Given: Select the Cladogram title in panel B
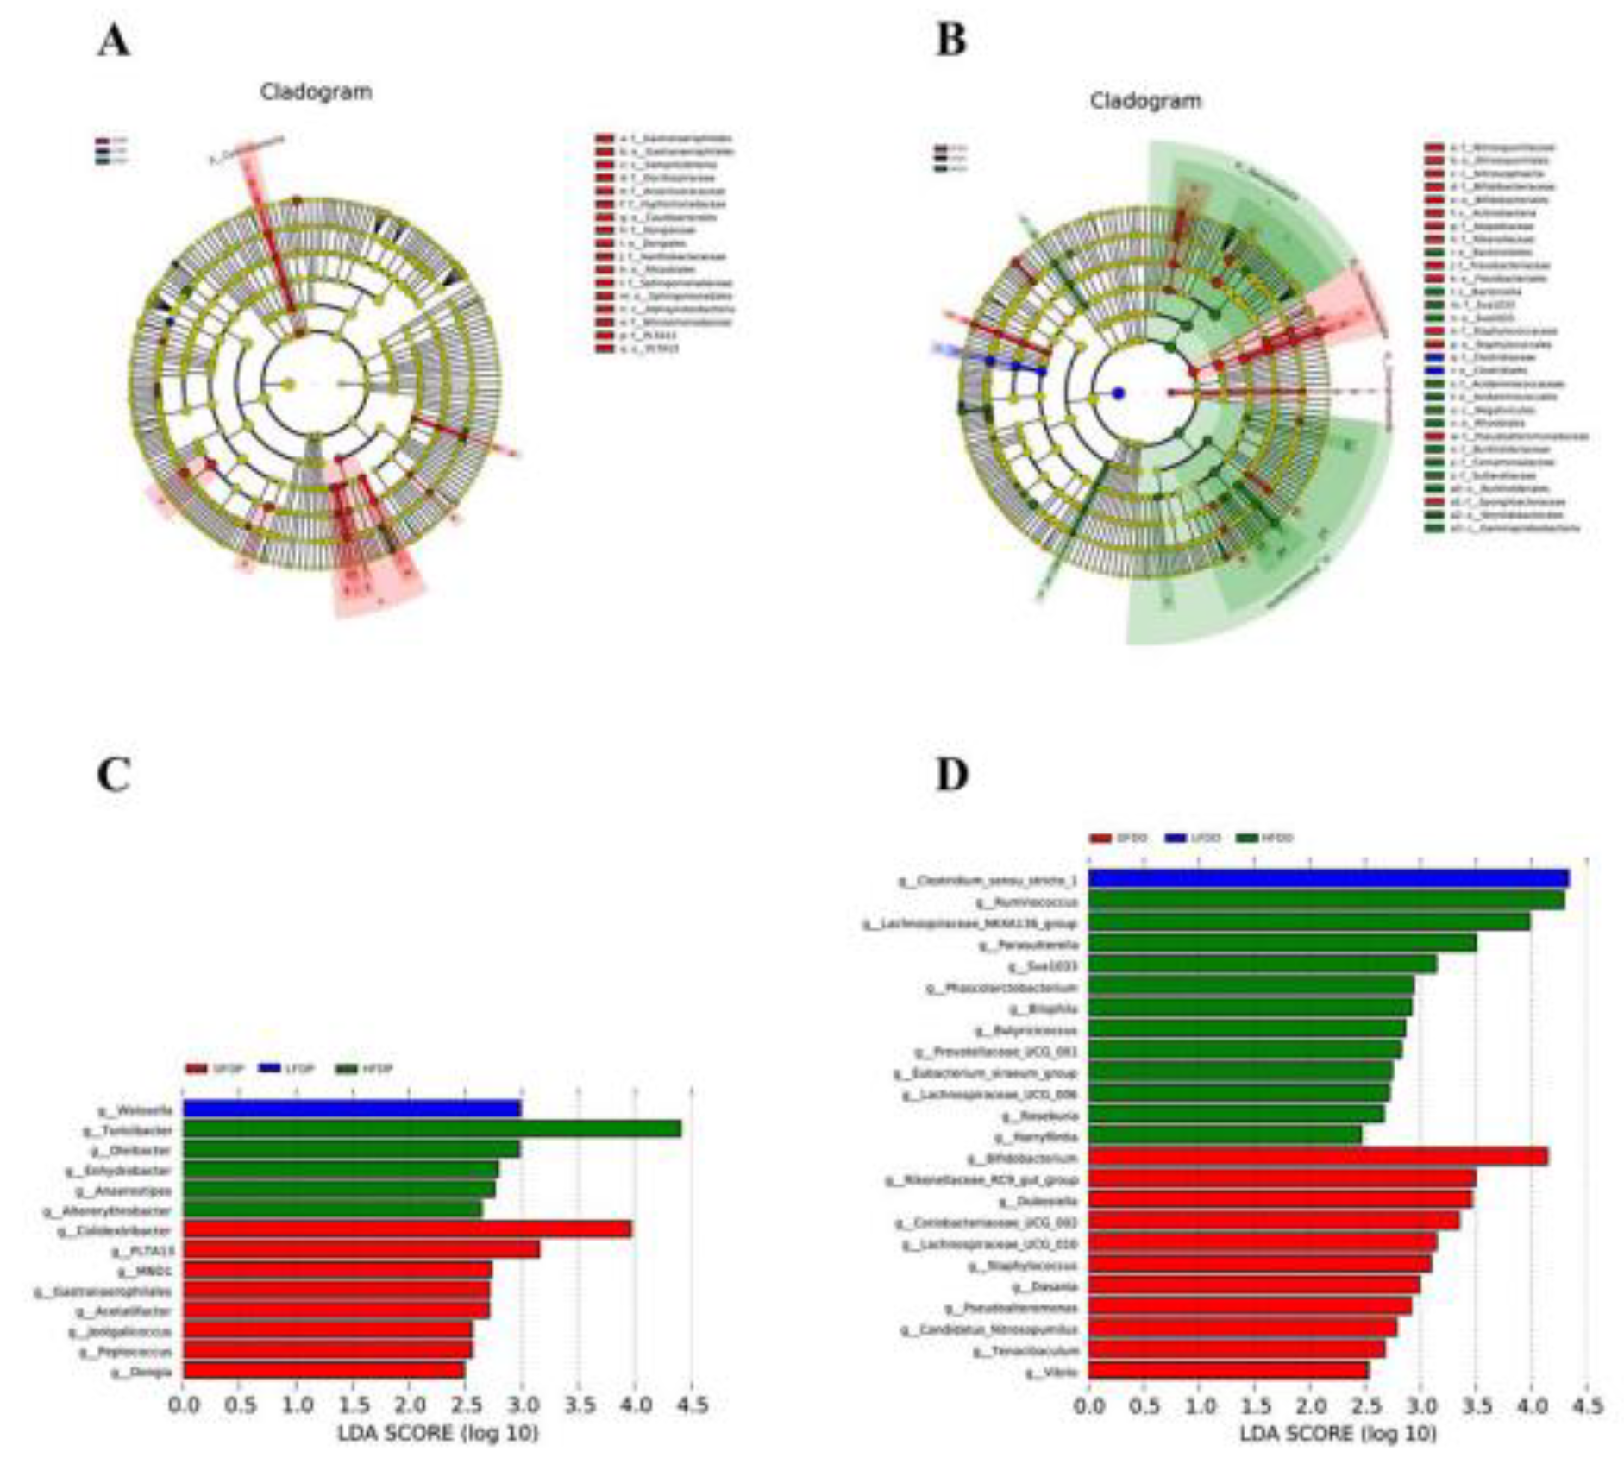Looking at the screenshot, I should point(1144,101).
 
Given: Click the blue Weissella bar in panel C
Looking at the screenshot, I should point(351,1109).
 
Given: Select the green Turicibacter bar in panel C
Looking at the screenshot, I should point(431,1129).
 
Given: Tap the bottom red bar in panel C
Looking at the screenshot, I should point(323,1371).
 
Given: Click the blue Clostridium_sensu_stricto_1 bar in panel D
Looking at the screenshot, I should point(1328,879).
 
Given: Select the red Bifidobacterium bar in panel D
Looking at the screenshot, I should point(1317,1157).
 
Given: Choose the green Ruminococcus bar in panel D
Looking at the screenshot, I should point(1326,901).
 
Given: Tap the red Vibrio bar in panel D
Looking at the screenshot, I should point(1227,1371).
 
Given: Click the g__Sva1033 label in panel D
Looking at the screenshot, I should point(1048,966).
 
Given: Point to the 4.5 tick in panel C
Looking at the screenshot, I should point(691,1405).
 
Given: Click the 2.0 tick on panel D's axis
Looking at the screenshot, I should point(1310,1406).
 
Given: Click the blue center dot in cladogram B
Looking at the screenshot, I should point(1119,393).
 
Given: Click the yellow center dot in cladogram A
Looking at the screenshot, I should point(290,385).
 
